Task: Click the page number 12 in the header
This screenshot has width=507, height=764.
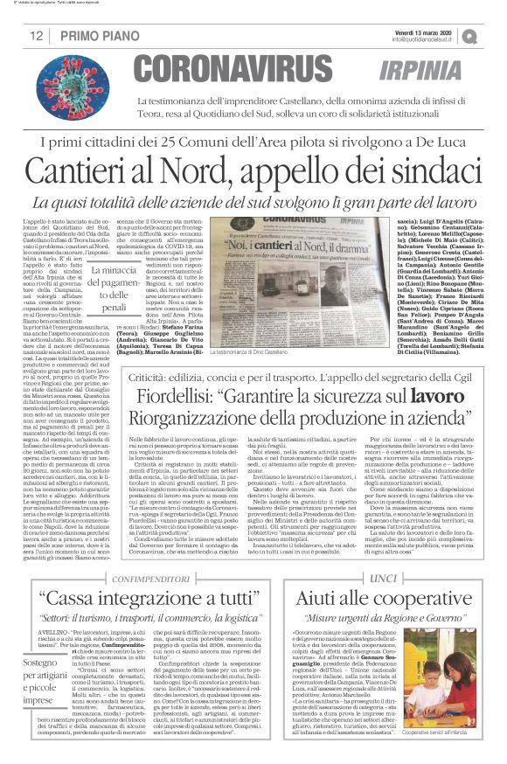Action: click(38, 36)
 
